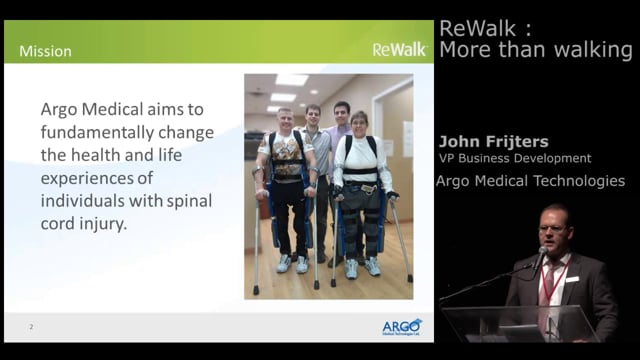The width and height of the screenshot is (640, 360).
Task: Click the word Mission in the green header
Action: coord(45,51)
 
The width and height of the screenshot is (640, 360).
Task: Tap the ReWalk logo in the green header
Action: coord(398,49)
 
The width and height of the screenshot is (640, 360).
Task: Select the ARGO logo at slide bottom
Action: coord(402,327)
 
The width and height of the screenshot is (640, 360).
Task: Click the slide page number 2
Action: coord(32,327)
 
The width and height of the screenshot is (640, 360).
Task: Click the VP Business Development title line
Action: coord(514,158)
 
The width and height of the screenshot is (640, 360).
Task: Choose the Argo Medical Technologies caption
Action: coord(530,181)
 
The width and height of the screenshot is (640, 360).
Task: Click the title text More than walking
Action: coord(535,50)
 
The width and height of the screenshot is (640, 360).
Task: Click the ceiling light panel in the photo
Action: coord(291,81)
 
